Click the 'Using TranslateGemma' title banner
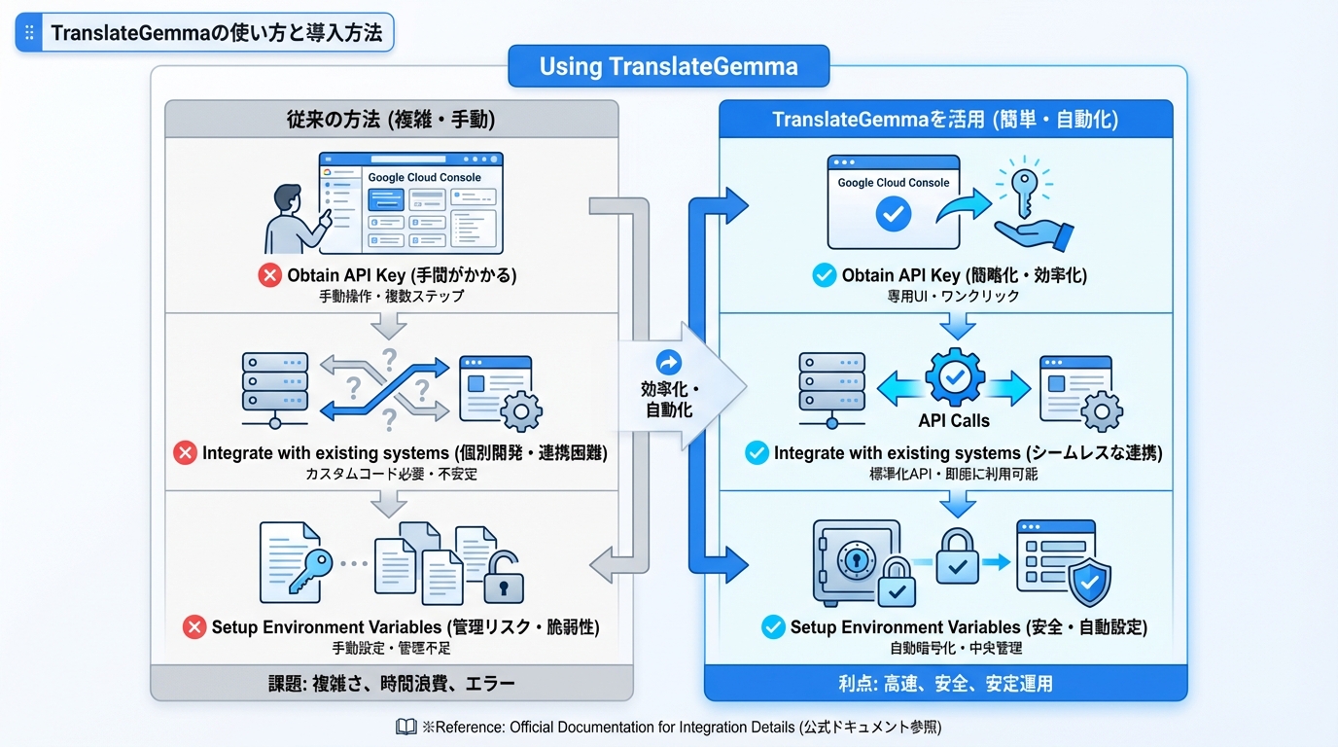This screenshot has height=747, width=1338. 668,66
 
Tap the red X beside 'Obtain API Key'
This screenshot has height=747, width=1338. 269,275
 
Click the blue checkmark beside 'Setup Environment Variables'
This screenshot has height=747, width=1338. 773,626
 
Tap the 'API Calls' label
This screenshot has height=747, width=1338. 954,420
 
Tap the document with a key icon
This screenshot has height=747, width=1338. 292,562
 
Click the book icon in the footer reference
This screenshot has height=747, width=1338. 406,727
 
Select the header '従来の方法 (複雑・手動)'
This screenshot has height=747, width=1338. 391,120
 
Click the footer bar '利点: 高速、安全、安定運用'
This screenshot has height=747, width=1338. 945,683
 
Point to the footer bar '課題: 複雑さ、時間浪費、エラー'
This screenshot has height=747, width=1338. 391,683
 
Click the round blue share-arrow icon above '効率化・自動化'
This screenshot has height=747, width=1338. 669,362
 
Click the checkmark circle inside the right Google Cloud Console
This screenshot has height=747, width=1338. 893,214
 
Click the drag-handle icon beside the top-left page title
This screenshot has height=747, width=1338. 29,32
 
